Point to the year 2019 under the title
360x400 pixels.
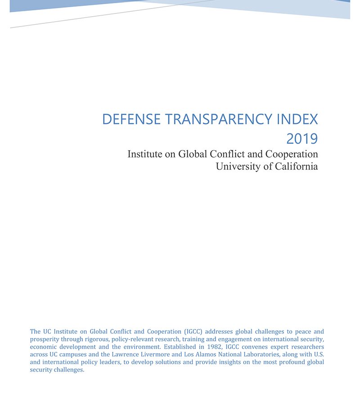pos(302,139)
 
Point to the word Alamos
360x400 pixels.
pos(204,355)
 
